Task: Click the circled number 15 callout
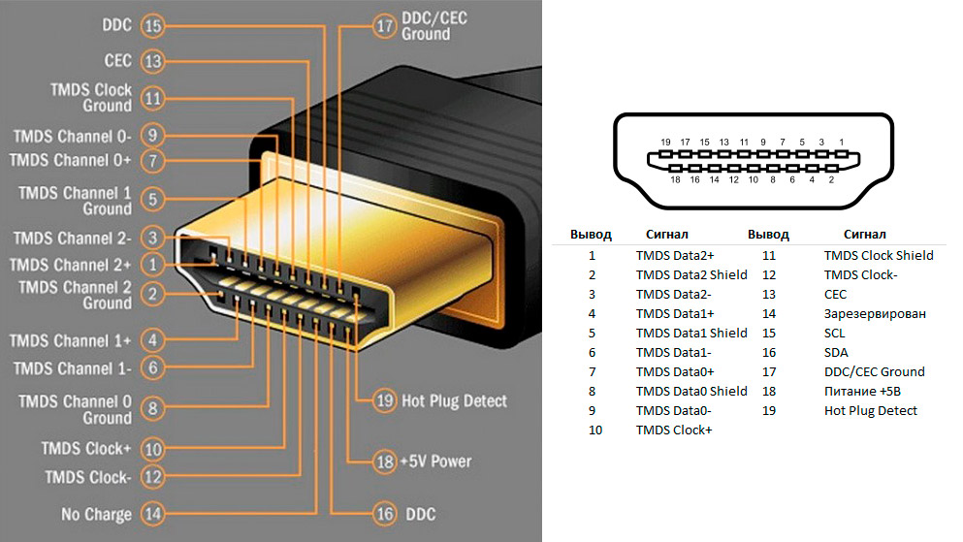tap(152, 26)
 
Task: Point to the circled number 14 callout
tap(152, 513)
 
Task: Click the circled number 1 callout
tap(152, 264)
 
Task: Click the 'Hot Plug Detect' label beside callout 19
tap(454, 400)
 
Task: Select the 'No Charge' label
tap(97, 513)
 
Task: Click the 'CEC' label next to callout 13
tap(117, 61)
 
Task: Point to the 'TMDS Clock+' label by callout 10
tap(86, 449)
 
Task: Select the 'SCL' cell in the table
tap(835, 333)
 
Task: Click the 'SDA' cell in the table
tap(836, 352)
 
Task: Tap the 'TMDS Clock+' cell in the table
tap(674, 430)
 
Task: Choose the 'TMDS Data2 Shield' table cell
tap(691, 274)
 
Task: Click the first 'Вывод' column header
tap(591, 235)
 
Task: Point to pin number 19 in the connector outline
tap(665, 143)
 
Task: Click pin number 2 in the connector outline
tap(831, 179)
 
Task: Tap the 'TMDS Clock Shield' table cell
tap(879, 255)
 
